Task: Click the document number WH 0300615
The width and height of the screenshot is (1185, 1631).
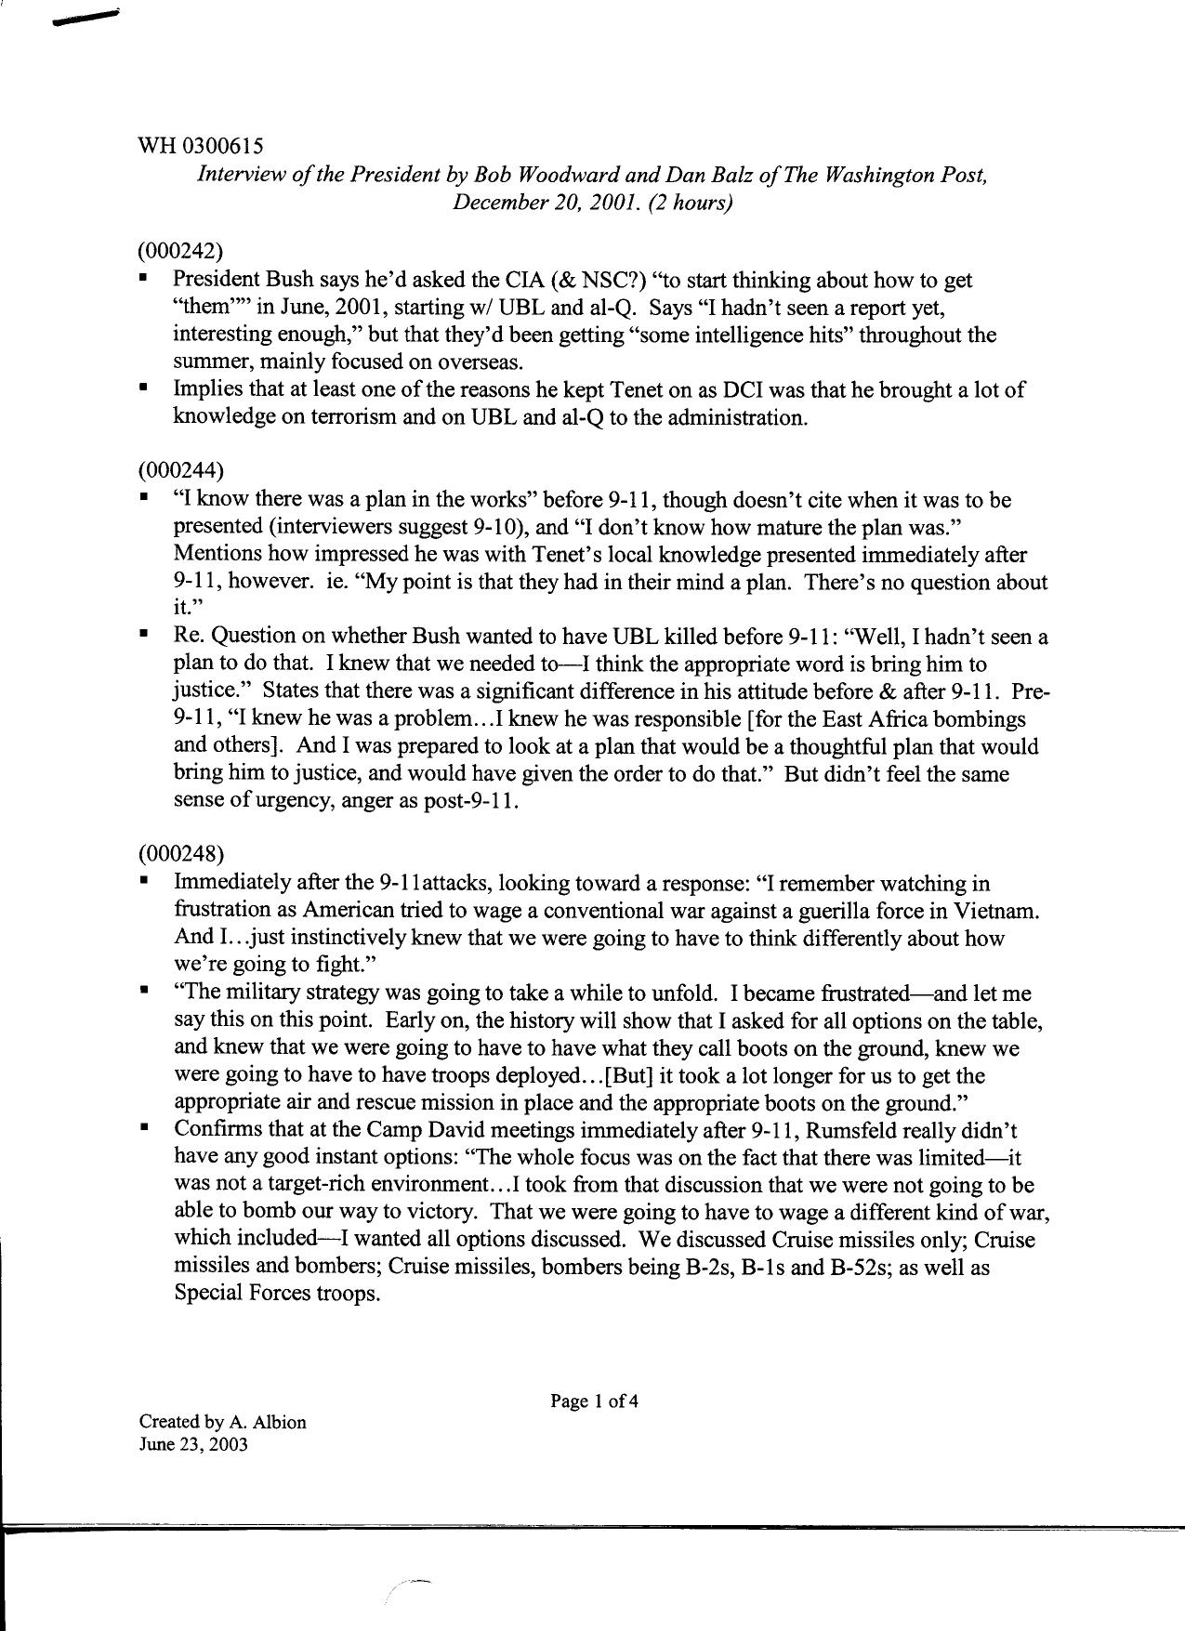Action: (x=200, y=146)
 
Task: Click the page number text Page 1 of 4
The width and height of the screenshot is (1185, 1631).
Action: (x=594, y=1401)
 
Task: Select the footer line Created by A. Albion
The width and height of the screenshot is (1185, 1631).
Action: (x=222, y=1421)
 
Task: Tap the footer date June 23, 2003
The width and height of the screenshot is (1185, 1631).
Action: (x=193, y=1445)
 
